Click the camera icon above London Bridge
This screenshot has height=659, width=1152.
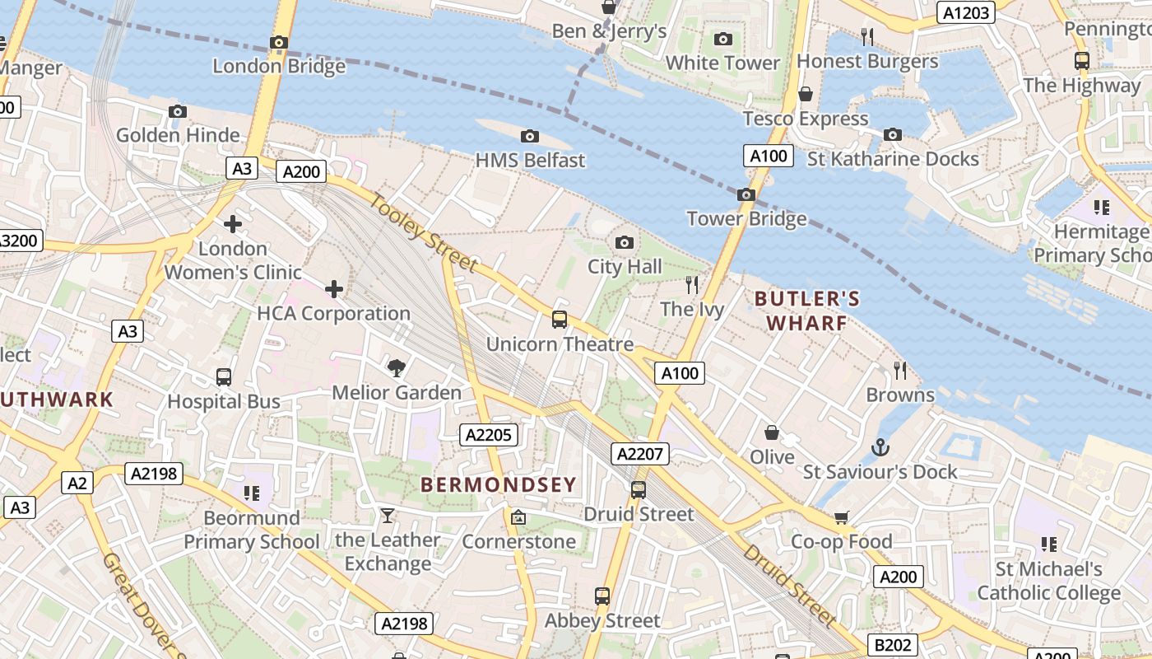tap(279, 42)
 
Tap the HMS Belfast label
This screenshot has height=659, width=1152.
tap(530, 160)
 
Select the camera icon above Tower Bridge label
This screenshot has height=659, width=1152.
tap(746, 195)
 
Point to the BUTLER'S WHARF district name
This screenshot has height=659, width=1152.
tap(807, 311)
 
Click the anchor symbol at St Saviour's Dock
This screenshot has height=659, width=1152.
tap(880, 447)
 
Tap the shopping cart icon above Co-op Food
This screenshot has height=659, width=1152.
tap(841, 517)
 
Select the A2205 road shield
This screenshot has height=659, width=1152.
tap(489, 435)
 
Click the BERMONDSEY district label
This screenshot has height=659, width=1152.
tap(498, 484)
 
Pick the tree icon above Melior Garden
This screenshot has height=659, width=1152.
tap(397, 367)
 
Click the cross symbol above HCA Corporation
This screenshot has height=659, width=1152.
tap(334, 289)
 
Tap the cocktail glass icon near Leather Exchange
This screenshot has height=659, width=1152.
tap(388, 516)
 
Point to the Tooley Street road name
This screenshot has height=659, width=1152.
tap(423, 232)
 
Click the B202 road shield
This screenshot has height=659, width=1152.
tap(892, 645)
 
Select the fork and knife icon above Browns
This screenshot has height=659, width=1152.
tap(900, 371)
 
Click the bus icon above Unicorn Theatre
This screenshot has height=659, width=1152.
tap(560, 320)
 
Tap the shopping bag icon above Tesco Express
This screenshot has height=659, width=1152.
tap(806, 94)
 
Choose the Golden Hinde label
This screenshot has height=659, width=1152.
tap(178, 135)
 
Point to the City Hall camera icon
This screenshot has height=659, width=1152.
tap(625, 242)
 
